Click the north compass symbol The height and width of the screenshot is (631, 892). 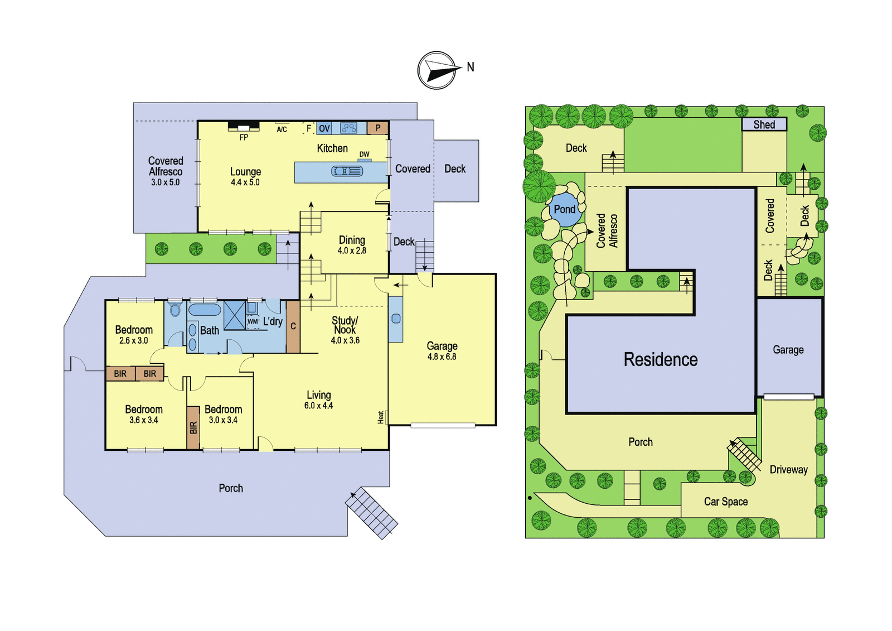[437, 70]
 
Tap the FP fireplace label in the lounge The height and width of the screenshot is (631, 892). [244, 137]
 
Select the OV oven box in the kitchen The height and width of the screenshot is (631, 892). [324, 128]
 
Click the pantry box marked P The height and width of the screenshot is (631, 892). [378, 128]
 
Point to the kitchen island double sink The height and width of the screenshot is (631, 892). [347, 171]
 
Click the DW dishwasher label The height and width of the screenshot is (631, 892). [365, 154]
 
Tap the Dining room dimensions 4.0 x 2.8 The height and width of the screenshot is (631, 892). [352, 251]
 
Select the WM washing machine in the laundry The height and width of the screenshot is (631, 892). [253, 322]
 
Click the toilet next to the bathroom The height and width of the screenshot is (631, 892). [175, 309]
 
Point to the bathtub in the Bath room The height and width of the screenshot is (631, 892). [205, 309]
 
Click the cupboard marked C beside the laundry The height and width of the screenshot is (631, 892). [293, 326]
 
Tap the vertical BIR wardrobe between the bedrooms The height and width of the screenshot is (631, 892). [193, 428]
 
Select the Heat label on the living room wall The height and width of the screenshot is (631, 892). [381, 417]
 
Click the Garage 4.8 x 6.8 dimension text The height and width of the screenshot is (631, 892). [442, 357]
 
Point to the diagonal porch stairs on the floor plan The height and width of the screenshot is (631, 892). [371, 513]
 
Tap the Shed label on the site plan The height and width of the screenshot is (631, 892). [764, 124]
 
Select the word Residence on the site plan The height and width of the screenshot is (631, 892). [661, 359]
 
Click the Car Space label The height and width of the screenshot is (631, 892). [726, 502]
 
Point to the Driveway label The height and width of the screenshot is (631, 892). [788, 470]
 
